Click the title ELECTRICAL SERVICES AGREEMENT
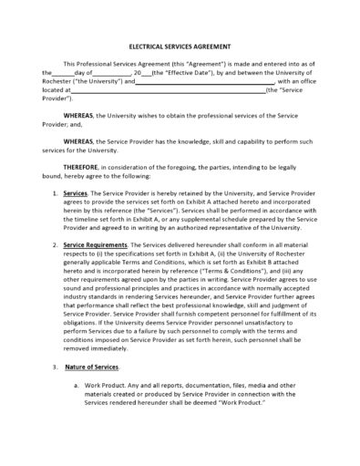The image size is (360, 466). pos(180,46)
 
